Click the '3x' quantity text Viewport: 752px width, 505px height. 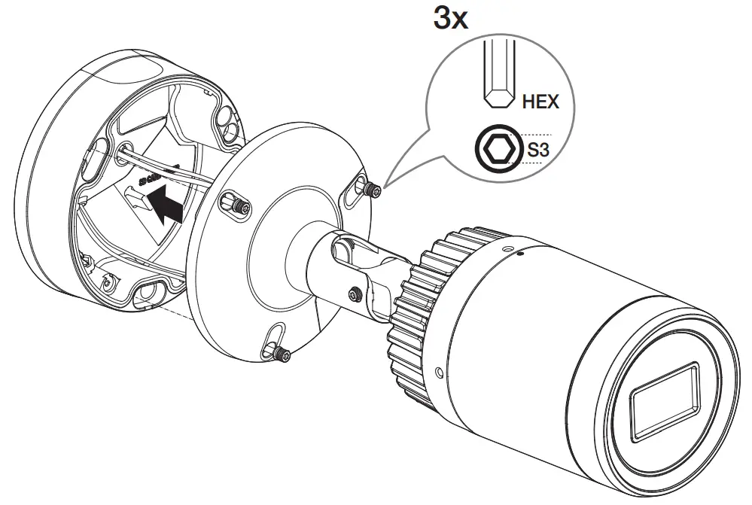[450, 17]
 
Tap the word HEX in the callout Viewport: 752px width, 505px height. [540, 100]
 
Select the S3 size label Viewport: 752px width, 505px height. [537, 151]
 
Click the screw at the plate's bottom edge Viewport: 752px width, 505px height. [280, 354]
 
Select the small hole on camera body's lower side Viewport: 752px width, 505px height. [440, 370]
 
